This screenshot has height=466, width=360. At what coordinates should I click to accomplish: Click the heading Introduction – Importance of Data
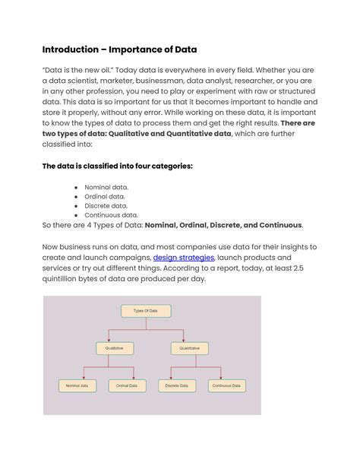click(119, 49)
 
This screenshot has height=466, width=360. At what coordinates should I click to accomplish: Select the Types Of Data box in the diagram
click(146, 311)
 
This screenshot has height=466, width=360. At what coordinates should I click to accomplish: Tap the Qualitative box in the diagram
click(114, 348)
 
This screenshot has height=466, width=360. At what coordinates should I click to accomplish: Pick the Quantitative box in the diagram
click(189, 348)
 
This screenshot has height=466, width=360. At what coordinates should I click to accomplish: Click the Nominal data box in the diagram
click(77, 385)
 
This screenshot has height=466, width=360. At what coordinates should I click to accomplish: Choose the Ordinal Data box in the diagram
click(127, 385)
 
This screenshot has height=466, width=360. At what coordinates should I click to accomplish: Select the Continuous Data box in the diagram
click(226, 385)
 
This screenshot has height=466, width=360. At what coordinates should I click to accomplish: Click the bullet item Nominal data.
click(107, 186)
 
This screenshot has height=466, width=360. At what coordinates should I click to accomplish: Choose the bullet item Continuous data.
click(111, 215)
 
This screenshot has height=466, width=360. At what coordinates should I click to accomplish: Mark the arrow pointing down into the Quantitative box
click(189, 340)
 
